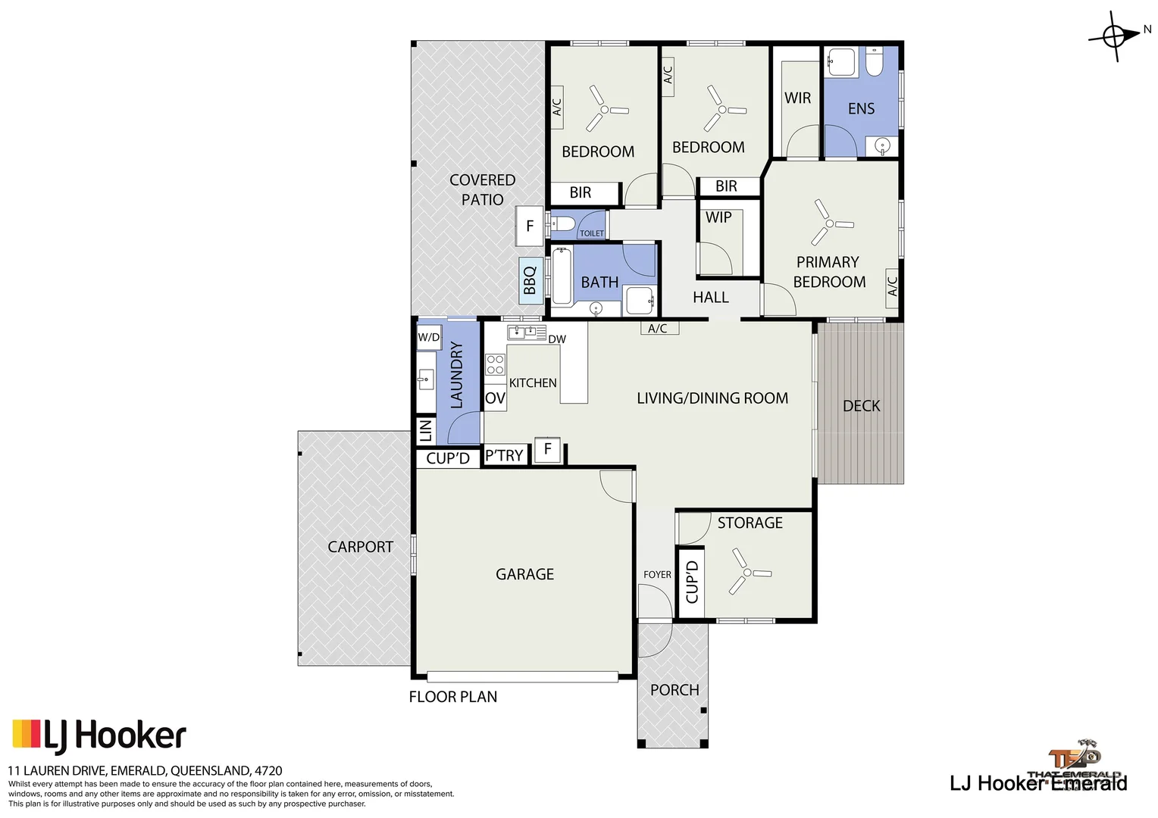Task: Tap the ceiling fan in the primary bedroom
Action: click(829, 223)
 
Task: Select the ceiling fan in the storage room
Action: click(746, 573)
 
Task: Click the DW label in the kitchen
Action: click(557, 339)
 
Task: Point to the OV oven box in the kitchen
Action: click(495, 398)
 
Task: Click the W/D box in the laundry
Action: click(428, 337)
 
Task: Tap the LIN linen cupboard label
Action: click(425, 430)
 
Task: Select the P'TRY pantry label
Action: click(504, 455)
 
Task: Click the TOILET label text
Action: click(592, 233)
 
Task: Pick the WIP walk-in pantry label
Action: click(718, 217)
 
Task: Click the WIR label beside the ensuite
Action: click(797, 98)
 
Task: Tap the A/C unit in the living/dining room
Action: click(658, 328)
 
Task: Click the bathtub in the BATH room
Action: click(561, 276)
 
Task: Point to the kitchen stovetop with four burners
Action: click(495, 364)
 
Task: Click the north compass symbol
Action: click(1114, 36)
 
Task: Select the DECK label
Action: click(862, 406)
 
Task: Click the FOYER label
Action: click(657, 575)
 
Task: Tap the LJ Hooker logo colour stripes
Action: click(26, 733)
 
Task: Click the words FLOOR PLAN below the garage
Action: click(453, 697)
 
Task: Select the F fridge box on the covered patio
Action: click(530, 226)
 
